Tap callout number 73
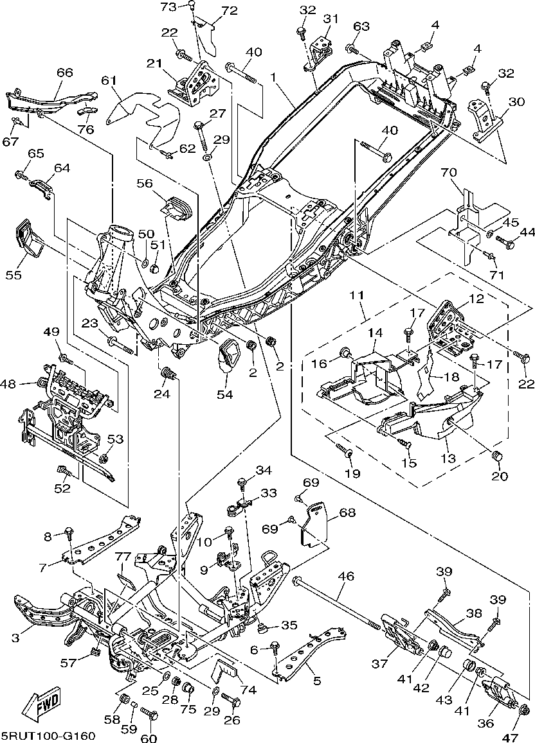point(168,7)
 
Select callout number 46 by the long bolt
point(346,577)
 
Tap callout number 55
point(15,275)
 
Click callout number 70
point(448,172)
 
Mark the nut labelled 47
point(523,710)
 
